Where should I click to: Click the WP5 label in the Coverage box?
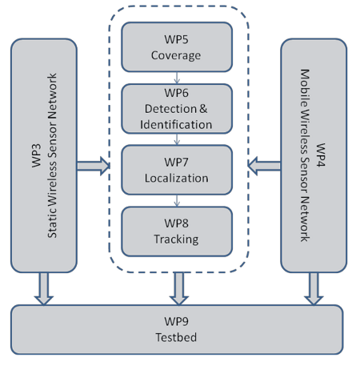pos(176,39)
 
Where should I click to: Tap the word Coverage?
pos(176,55)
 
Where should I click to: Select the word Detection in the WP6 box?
pos(170,109)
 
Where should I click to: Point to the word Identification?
pos(176,125)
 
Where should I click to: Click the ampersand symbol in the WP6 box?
pos(203,109)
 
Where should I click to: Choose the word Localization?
pos(176,178)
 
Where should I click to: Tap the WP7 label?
pos(176,162)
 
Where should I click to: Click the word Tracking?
pos(176,239)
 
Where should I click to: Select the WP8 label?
pos(176,223)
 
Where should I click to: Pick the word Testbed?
pos(176,337)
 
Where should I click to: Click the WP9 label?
pos(176,321)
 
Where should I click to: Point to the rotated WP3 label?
pos(37,155)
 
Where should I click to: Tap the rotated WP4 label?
pos(321,155)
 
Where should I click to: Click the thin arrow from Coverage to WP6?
pos(177,78)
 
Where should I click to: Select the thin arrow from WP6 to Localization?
pos(177,139)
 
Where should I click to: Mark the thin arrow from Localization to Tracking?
pos(177,200)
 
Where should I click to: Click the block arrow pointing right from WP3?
pos(94,166)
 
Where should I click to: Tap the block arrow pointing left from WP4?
pos(264,166)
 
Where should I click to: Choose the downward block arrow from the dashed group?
pos(179,288)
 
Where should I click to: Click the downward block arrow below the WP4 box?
pos(314,288)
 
